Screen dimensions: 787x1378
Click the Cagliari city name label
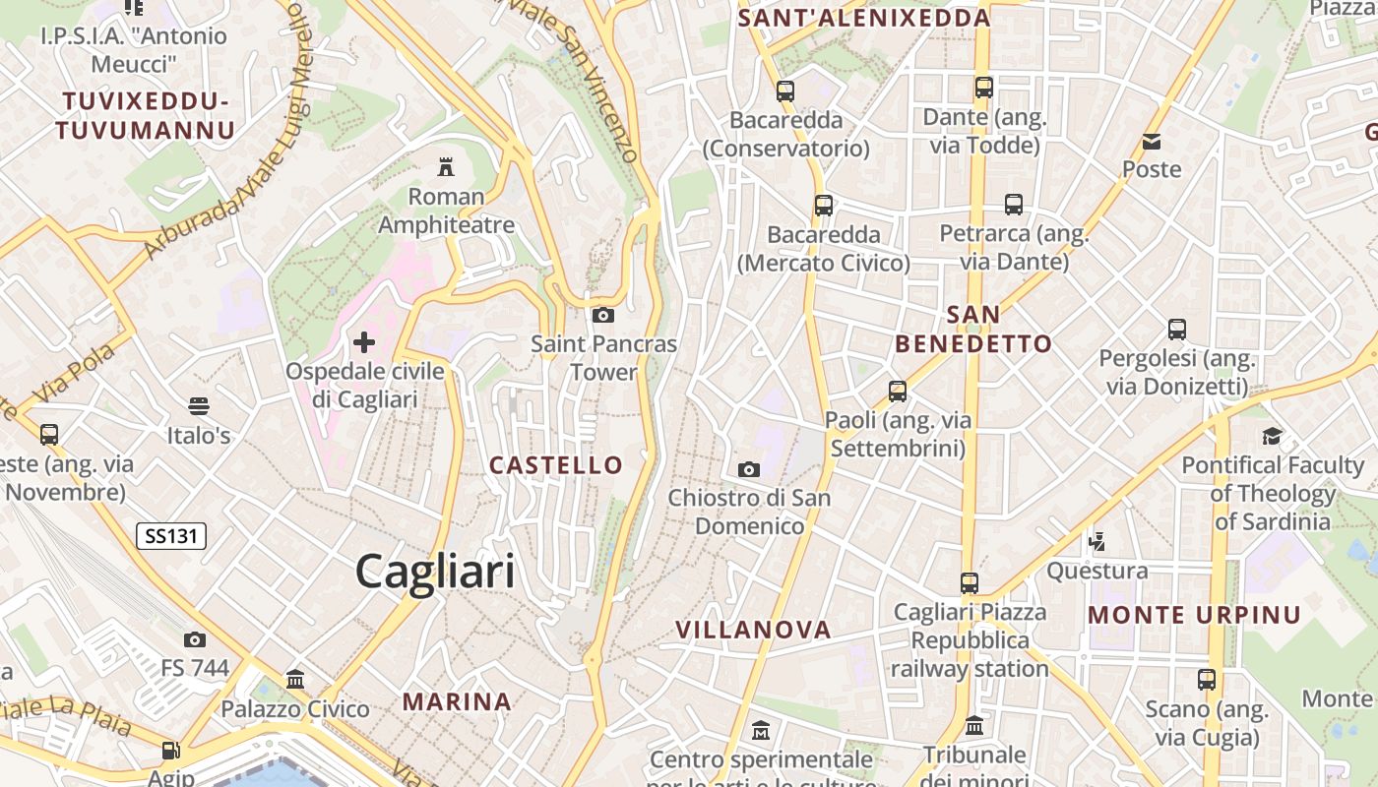click(435, 571)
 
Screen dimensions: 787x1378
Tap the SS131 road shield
click(170, 536)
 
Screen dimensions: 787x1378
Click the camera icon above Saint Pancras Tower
click(603, 315)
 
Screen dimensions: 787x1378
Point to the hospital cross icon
click(364, 342)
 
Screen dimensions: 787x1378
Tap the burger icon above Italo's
click(198, 405)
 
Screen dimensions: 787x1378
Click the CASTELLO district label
click(556, 465)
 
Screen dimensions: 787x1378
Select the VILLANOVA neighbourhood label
click(753, 630)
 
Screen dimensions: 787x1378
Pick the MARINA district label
click(457, 701)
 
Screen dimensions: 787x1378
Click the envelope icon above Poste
click(1152, 142)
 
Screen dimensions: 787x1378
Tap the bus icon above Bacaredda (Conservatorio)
click(784, 91)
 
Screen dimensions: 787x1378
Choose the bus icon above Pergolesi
click(1176, 330)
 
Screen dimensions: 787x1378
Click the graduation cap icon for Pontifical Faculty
click(1272, 436)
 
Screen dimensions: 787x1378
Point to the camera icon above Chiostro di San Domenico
click(749, 469)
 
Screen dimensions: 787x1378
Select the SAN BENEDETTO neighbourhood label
click(973, 330)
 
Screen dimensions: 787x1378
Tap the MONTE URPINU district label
click(1194, 615)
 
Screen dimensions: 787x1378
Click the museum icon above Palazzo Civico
click(294, 679)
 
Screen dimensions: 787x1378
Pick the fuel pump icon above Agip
click(170, 751)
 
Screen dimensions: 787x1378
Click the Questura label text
click(1096, 571)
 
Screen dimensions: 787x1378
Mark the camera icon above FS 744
click(195, 639)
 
